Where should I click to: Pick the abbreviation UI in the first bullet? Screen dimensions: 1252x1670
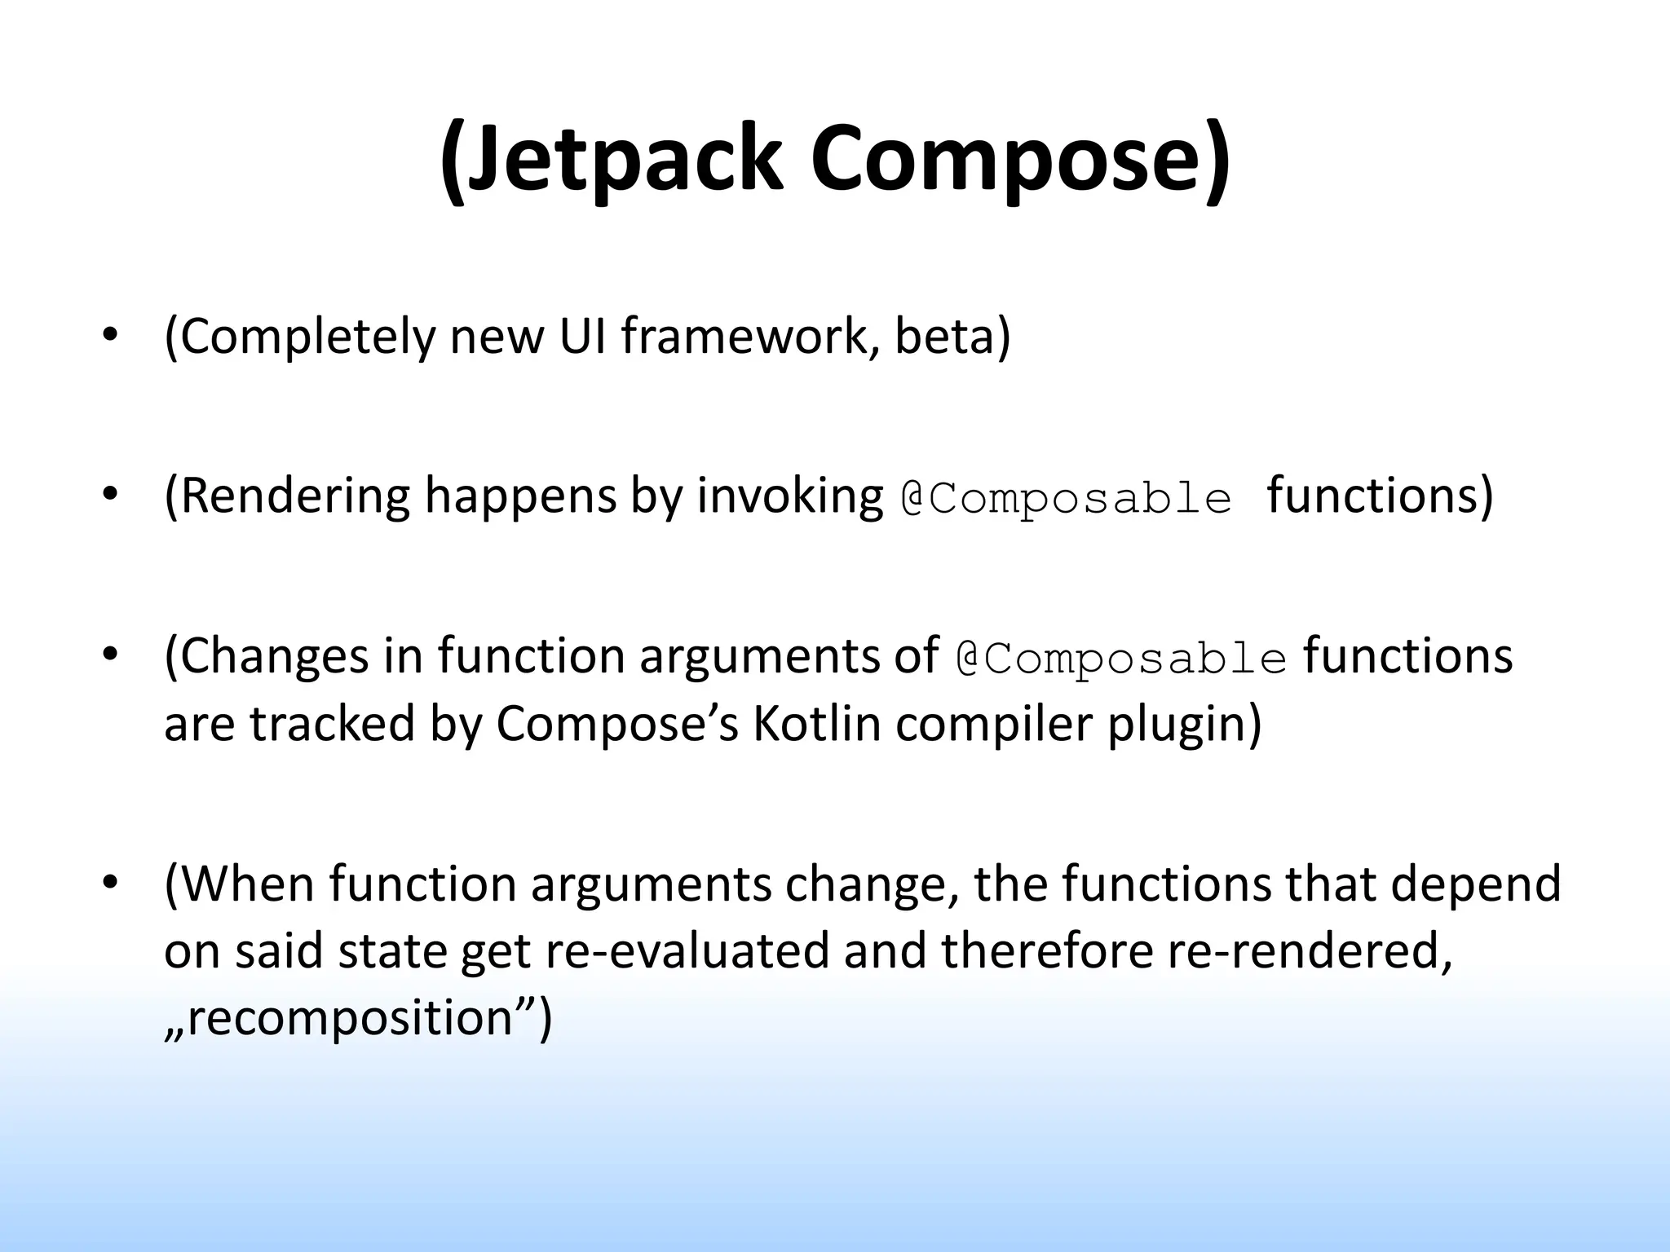coord(582,335)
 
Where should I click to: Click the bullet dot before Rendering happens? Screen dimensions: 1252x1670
coord(111,495)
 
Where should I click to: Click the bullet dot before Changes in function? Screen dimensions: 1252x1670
coord(111,655)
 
